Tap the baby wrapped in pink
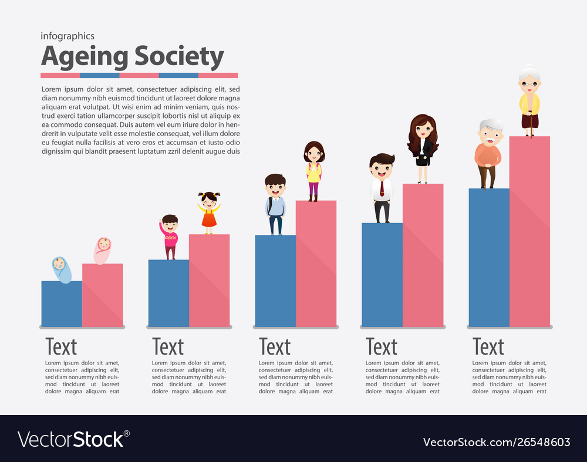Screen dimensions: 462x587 (103, 251)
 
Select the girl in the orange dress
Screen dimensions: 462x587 (209, 213)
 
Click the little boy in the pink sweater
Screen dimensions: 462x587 (169, 236)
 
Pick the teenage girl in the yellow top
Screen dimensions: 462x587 (314, 170)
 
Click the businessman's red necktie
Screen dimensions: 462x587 (382, 188)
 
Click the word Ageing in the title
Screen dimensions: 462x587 (85, 57)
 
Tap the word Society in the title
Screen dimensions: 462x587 (179, 57)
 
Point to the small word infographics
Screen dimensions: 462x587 (68, 36)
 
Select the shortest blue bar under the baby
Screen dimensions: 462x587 (62, 303)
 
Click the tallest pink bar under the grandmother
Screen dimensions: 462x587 (529, 232)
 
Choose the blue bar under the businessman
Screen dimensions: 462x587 (382, 275)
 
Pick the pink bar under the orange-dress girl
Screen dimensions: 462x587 (209, 281)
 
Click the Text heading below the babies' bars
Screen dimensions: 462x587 (61, 347)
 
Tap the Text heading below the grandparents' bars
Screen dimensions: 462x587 (488, 347)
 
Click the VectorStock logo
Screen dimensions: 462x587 (73, 439)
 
